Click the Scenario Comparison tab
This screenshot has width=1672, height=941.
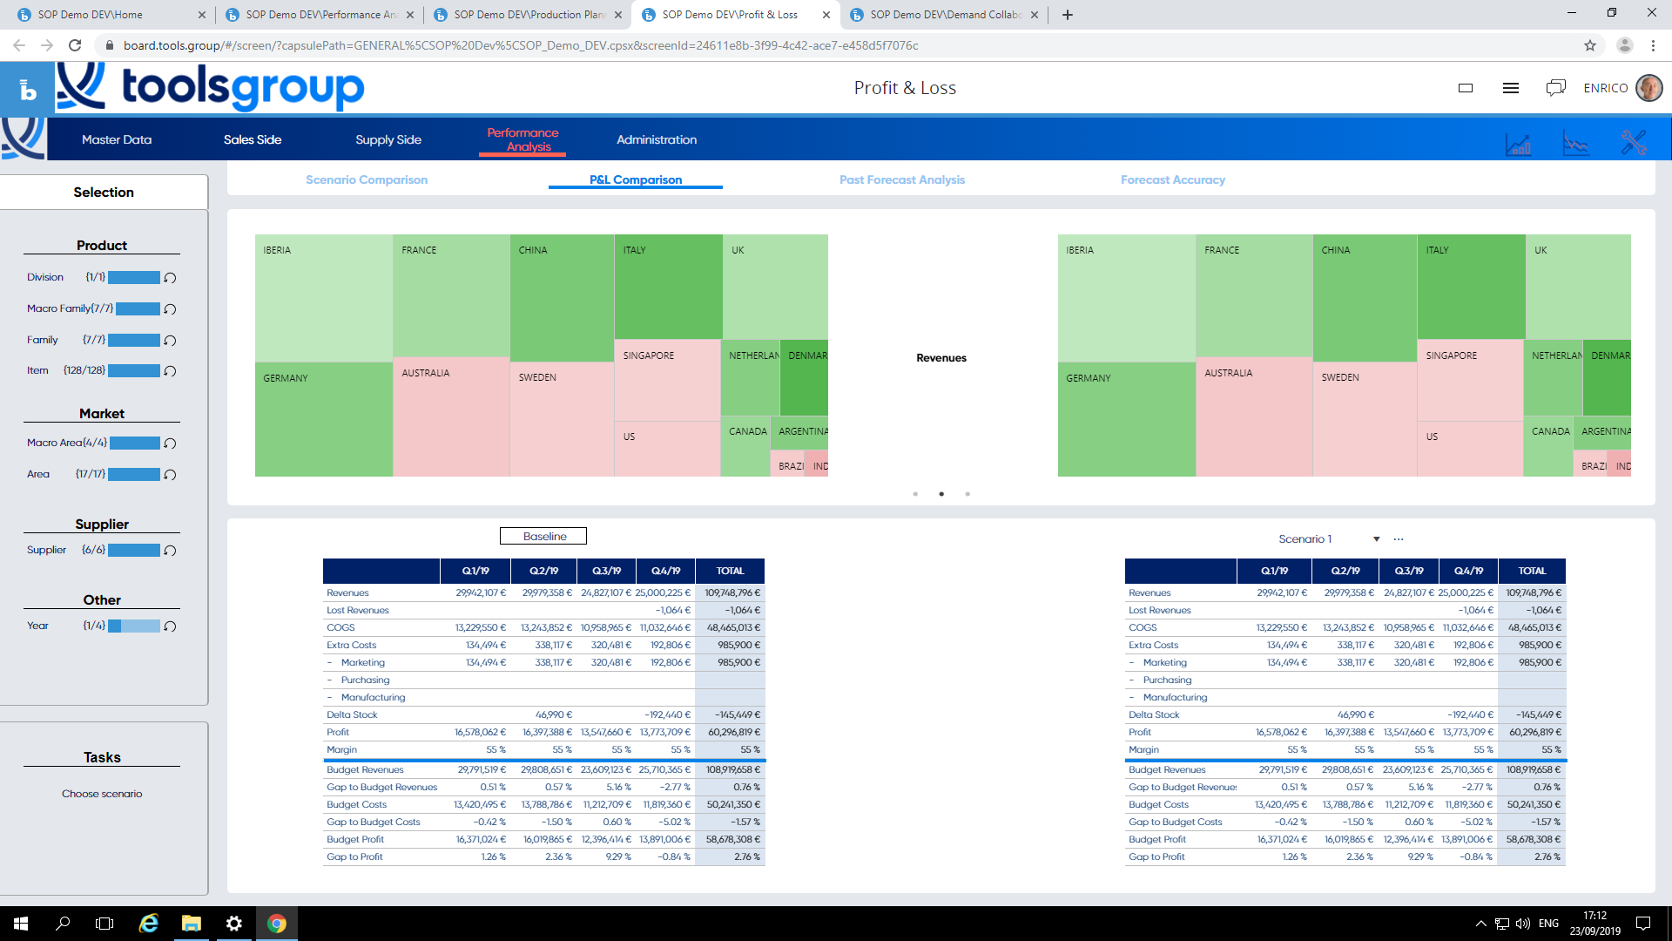tap(367, 179)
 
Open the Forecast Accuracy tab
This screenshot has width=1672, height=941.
tap(1172, 179)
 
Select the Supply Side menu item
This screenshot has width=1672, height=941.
tap(388, 139)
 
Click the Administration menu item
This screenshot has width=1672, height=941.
tap(657, 139)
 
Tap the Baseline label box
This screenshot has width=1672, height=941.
tap(543, 537)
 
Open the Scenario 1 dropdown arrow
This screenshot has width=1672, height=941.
tap(1376, 539)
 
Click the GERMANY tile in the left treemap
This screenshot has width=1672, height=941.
tap(322, 418)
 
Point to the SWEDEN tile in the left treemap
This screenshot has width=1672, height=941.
tap(562, 418)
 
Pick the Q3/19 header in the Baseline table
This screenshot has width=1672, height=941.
tap(606, 571)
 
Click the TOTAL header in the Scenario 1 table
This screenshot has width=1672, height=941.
tap(1532, 571)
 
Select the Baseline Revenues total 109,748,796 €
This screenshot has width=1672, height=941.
tap(731, 592)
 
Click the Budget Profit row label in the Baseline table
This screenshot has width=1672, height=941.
tap(355, 839)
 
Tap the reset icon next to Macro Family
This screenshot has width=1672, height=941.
tap(171, 309)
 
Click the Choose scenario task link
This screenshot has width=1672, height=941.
tap(102, 794)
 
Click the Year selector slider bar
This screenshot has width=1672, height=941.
tap(134, 626)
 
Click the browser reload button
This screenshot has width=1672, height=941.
tap(75, 45)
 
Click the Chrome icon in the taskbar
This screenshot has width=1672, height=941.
tap(277, 924)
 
